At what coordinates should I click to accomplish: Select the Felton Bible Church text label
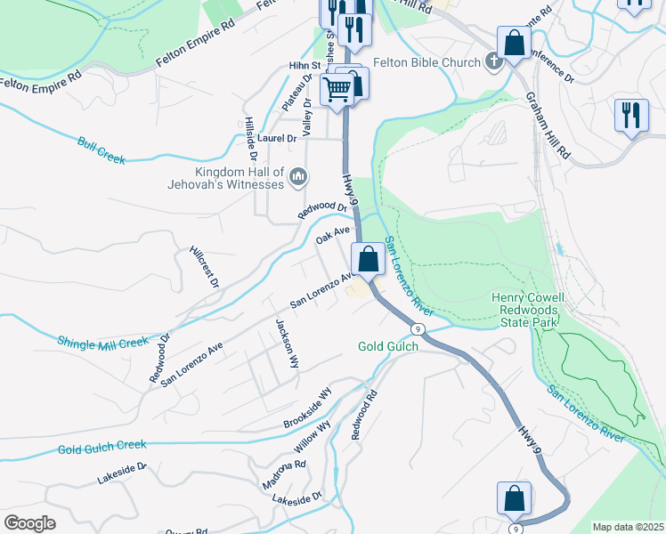[x=426, y=62]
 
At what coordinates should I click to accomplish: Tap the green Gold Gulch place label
[x=388, y=346]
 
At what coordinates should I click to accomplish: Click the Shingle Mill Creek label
[x=102, y=342]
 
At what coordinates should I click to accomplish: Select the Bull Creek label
[x=102, y=150]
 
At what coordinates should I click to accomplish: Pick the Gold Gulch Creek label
[x=102, y=446]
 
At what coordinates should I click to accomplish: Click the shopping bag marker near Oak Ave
[x=368, y=260]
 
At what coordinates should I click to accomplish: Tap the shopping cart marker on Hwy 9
[x=337, y=89]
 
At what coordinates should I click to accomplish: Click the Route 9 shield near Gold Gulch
[x=418, y=329]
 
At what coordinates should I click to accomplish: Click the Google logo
[x=29, y=523]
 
